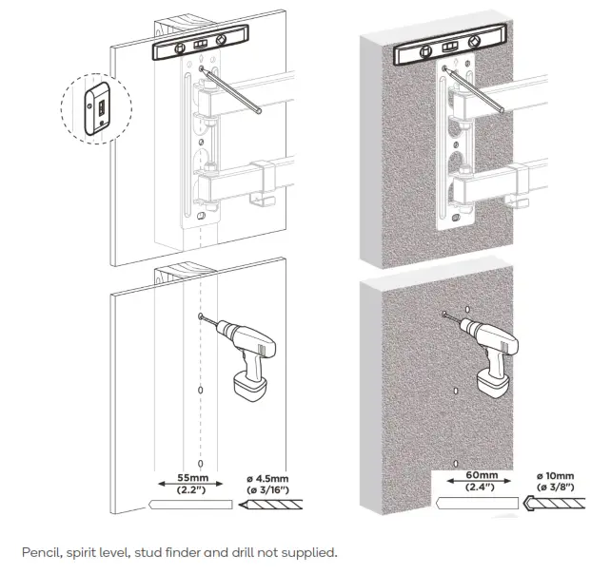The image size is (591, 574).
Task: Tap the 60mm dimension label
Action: pyautogui.click(x=482, y=475)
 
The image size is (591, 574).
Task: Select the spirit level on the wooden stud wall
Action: pyautogui.click(x=198, y=45)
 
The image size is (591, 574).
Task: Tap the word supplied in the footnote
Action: pyautogui.click(x=310, y=551)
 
